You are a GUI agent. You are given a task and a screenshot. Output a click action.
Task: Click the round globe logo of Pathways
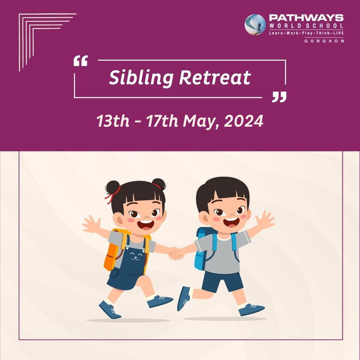tap(255, 25)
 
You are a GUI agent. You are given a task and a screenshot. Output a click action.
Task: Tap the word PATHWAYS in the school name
tap(306, 18)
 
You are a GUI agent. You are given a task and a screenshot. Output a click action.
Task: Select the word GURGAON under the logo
tap(324, 41)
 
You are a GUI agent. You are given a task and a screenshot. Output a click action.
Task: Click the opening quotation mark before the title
tap(81, 61)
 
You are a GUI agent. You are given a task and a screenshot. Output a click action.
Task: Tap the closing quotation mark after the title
tap(279, 97)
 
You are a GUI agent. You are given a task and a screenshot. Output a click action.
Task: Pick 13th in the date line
tap(113, 121)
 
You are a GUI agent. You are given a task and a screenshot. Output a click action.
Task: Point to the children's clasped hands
tap(176, 253)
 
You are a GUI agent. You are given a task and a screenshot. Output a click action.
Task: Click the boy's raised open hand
tap(264, 220)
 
